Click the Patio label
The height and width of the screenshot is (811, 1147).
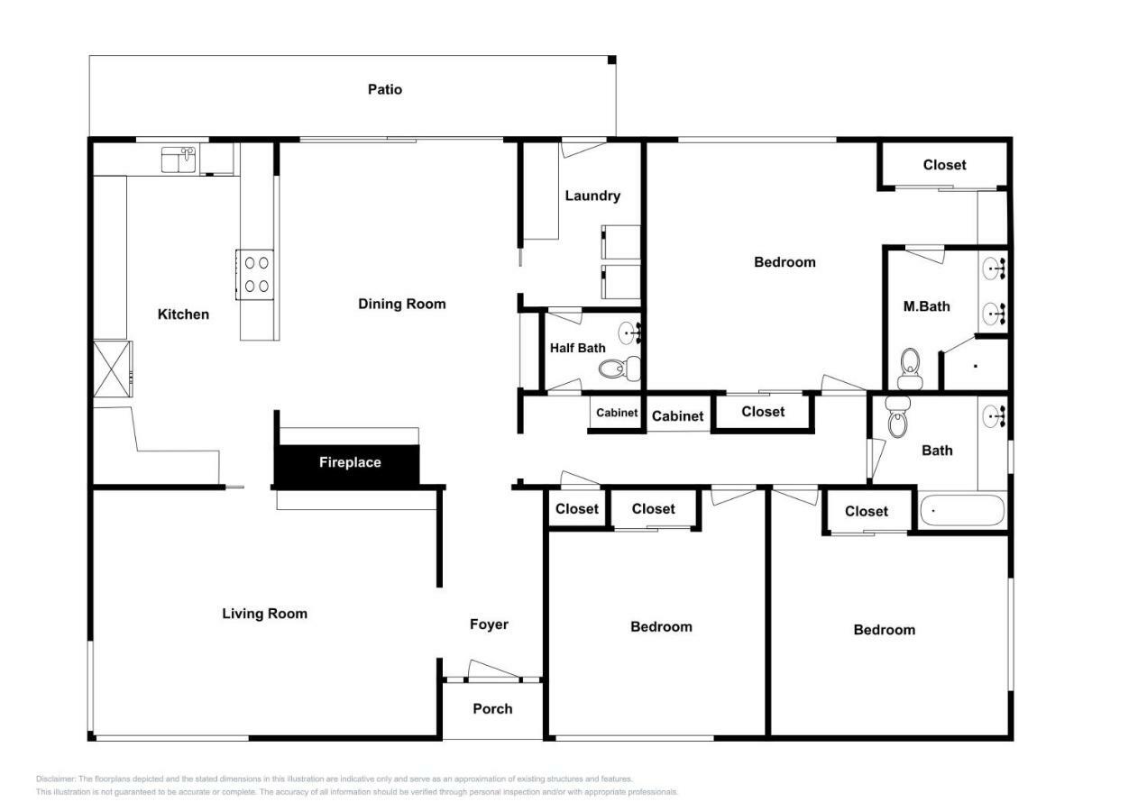[384, 89]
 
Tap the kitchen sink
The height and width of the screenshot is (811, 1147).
[179, 159]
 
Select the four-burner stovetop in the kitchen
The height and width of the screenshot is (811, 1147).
[255, 274]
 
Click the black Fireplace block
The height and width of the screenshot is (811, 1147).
[347, 464]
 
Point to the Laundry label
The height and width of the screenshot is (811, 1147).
[592, 196]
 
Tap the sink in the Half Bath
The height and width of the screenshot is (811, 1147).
[629, 333]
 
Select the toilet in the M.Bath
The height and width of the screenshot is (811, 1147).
[910, 369]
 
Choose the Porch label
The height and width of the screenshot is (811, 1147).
[492, 708]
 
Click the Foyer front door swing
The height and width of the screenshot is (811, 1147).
[493, 670]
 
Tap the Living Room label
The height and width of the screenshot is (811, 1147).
[265, 614]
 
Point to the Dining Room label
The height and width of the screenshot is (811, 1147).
[402, 305]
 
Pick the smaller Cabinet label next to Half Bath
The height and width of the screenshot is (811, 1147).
[617, 413]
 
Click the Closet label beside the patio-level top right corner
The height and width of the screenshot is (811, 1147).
[944, 165]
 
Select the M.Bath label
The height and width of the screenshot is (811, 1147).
[926, 306]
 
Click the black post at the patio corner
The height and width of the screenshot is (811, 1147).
[612, 59]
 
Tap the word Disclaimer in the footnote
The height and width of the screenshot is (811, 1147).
[56, 779]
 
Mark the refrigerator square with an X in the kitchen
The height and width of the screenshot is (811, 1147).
[112, 369]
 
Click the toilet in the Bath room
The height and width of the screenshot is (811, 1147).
[897, 416]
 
